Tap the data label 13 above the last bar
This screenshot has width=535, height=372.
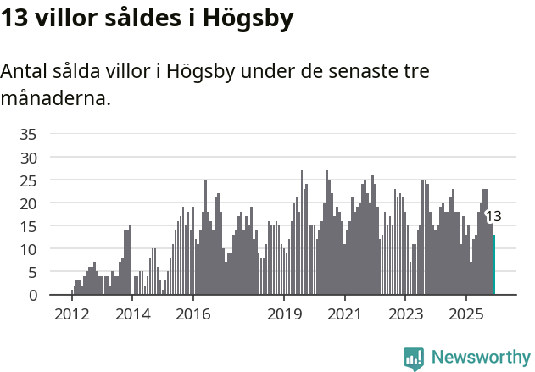pyautogui.click(x=493, y=216)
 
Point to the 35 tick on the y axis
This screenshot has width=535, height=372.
pyautogui.click(x=28, y=134)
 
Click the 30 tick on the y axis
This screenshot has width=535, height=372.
pyautogui.click(x=28, y=158)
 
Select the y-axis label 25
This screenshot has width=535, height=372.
pyautogui.click(x=28, y=180)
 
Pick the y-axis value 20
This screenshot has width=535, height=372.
pyautogui.click(x=28, y=203)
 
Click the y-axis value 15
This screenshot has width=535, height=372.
pyautogui.click(x=28, y=226)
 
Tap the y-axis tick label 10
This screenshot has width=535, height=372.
pyautogui.click(x=28, y=249)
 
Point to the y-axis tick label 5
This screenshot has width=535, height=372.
pyautogui.click(x=32, y=272)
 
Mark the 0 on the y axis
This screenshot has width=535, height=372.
pyautogui.click(x=32, y=295)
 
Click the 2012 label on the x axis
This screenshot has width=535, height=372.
pyautogui.click(x=71, y=314)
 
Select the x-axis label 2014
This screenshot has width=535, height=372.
pyautogui.click(x=132, y=314)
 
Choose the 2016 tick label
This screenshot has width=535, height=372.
pyautogui.click(x=193, y=314)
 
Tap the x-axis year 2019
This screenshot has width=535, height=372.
pyautogui.click(x=284, y=314)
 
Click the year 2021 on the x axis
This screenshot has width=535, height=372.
pyautogui.click(x=344, y=314)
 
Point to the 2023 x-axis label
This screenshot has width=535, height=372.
pyautogui.click(x=405, y=314)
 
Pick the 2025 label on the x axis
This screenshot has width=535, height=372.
pyautogui.click(x=465, y=314)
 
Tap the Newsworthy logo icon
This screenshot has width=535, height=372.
pyautogui.click(x=414, y=358)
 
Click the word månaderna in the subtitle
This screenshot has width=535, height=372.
pyautogui.click(x=55, y=98)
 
